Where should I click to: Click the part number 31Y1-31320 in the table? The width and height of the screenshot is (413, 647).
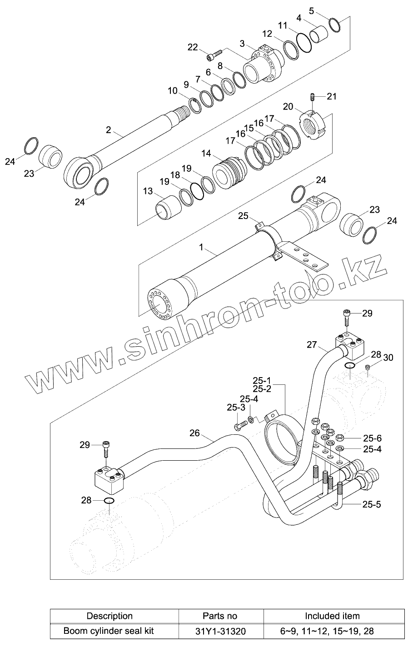pos(219,631)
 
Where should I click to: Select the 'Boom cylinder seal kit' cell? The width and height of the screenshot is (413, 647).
pos(109,631)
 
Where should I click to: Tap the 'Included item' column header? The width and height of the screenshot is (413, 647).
pos(332,616)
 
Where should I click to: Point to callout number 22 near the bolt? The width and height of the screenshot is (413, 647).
pos(193,47)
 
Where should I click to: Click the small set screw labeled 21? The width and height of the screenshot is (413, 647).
pos(313,97)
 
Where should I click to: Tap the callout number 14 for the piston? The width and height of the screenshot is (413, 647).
pos(206,154)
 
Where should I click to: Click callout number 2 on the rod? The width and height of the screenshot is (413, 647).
pos(109,129)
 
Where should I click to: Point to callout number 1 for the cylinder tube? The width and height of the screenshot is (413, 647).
pos(201,248)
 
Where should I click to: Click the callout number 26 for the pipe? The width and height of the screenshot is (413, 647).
pos(194,433)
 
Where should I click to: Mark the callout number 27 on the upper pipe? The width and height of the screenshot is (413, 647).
pos(311,344)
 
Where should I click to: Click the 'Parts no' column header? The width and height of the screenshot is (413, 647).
pos(219,616)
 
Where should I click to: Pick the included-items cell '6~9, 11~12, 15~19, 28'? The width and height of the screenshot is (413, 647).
pos(332,631)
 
